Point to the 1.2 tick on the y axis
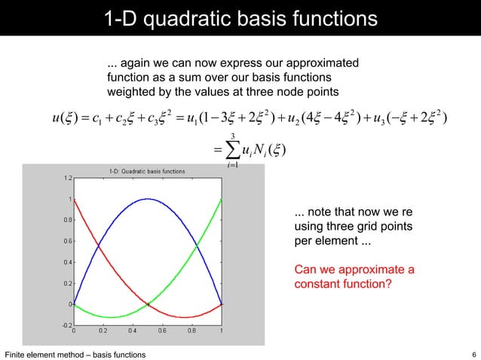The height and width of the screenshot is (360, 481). [x=68, y=178]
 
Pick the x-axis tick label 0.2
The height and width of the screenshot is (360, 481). [x=103, y=331]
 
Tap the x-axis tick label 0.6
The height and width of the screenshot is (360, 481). [x=162, y=331]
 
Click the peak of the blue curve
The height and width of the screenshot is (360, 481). [x=147, y=200]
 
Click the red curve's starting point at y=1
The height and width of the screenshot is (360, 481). [x=74, y=200]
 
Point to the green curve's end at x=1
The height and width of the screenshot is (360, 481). [x=221, y=200]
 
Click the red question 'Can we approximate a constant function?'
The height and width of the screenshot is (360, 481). [x=354, y=278]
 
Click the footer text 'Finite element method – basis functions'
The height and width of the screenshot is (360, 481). [x=75, y=354]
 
